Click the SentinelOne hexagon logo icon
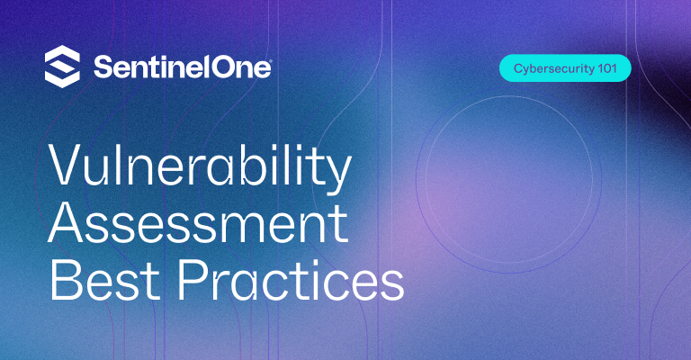[63, 67]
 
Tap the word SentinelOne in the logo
[182, 67]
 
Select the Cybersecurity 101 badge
[565, 68]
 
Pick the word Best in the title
[104, 279]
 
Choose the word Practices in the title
[291, 278]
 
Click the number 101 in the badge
[607, 68]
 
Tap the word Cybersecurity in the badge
[554, 68]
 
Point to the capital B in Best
[65, 279]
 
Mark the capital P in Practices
[193, 279]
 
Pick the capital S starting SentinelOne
[103, 67]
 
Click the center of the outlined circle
[509, 180]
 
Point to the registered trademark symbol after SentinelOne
[270, 62]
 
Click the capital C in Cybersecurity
[518, 68]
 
